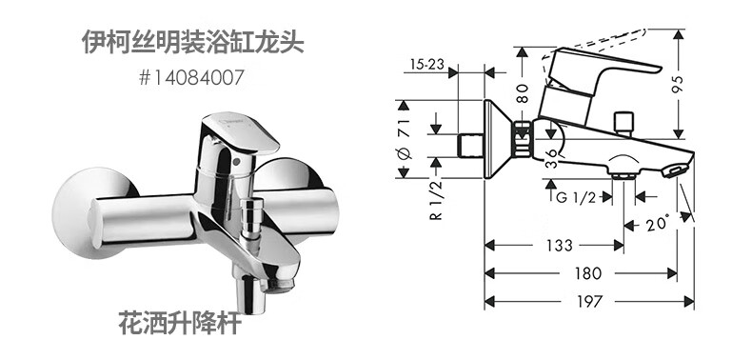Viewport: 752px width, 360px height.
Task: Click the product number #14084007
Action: [x=191, y=77]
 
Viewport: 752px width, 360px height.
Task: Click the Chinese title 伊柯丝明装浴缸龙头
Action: [x=193, y=41]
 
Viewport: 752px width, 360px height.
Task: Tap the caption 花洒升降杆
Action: [x=180, y=322]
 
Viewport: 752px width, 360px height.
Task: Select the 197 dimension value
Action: [x=588, y=302]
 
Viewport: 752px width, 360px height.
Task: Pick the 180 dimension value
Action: [x=588, y=273]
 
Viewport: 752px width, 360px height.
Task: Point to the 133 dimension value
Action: [x=559, y=246]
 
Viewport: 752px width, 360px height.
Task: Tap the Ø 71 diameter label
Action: [x=405, y=139]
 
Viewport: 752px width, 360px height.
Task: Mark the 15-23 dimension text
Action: [x=427, y=65]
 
